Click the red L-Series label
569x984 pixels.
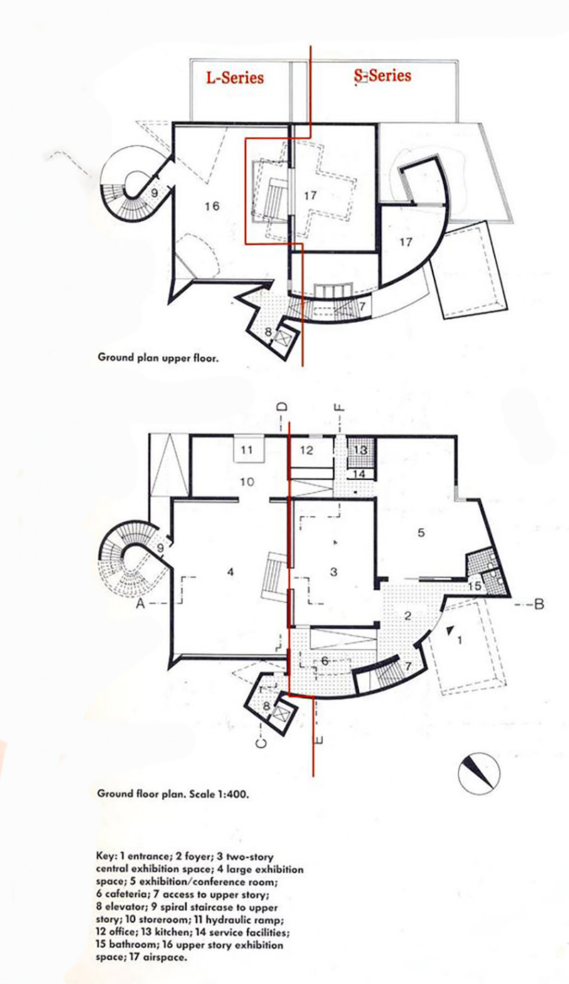click(x=235, y=77)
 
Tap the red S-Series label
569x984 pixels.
click(x=382, y=75)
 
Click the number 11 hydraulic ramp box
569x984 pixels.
click(x=247, y=449)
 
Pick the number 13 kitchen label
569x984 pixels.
click(x=360, y=450)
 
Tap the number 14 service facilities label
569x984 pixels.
click(x=360, y=474)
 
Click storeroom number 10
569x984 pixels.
click(x=246, y=482)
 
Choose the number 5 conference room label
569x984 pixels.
click(x=421, y=533)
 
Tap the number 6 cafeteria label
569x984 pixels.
click(x=324, y=661)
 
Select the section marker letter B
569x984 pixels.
click(x=538, y=605)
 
